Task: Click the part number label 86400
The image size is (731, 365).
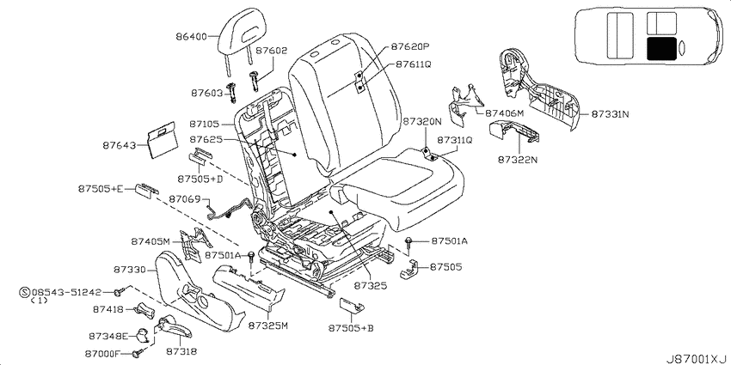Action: (x=191, y=36)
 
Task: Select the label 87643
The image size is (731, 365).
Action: (x=119, y=146)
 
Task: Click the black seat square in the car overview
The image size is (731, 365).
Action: (x=661, y=48)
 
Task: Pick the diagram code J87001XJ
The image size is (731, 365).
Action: (x=696, y=359)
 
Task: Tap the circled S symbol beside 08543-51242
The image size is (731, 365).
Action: (x=25, y=292)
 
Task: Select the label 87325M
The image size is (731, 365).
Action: (x=267, y=325)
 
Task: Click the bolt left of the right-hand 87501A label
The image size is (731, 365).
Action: (x=408, y=241)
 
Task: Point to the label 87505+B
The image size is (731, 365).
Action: (x=351, y=328)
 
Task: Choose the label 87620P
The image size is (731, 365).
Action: (x=409, y=46)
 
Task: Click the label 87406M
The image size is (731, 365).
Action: (x=505, y=113)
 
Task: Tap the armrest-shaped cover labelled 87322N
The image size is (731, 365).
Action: (x=515, y=131)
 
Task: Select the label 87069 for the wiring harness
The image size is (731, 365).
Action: (x=184, y=199)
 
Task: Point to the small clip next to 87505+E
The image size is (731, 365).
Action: (x=146, y=190)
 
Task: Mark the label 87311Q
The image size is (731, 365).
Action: (x=455, y=140)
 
